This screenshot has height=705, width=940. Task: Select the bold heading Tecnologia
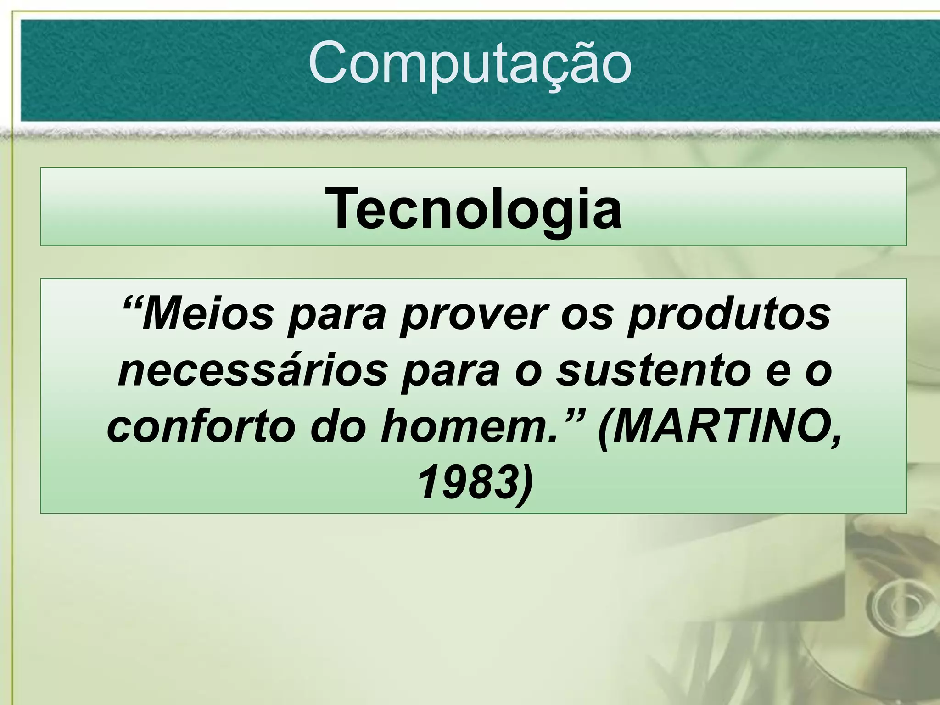point(473,209)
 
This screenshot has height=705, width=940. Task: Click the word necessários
point(253,372)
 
